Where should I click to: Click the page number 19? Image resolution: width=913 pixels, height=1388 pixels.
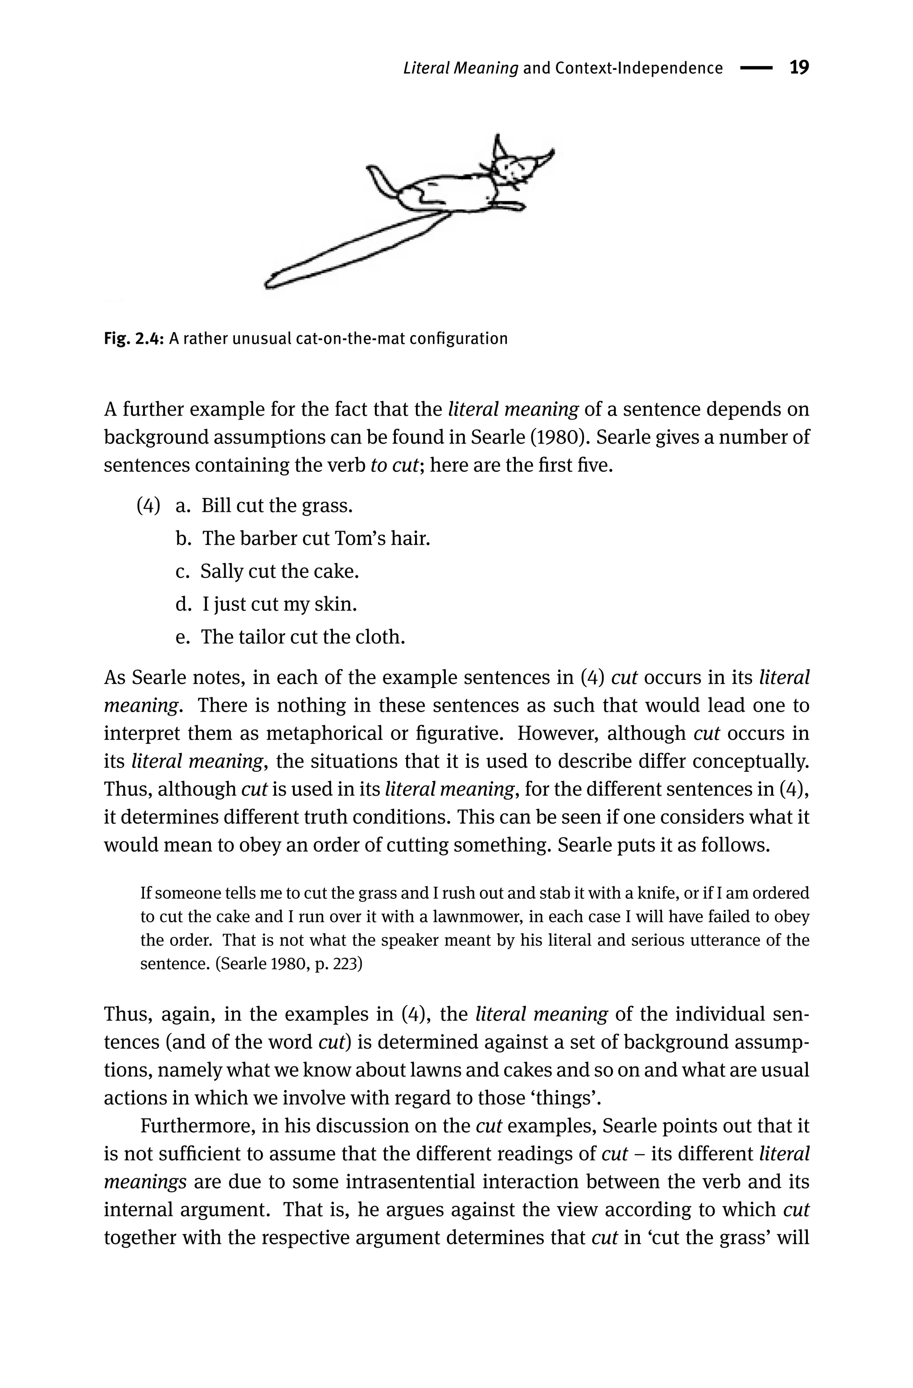coord(799,68)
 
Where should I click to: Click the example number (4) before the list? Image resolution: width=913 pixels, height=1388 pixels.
coord(148,505)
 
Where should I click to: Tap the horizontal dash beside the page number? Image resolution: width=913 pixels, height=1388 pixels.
coord(756,68)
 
